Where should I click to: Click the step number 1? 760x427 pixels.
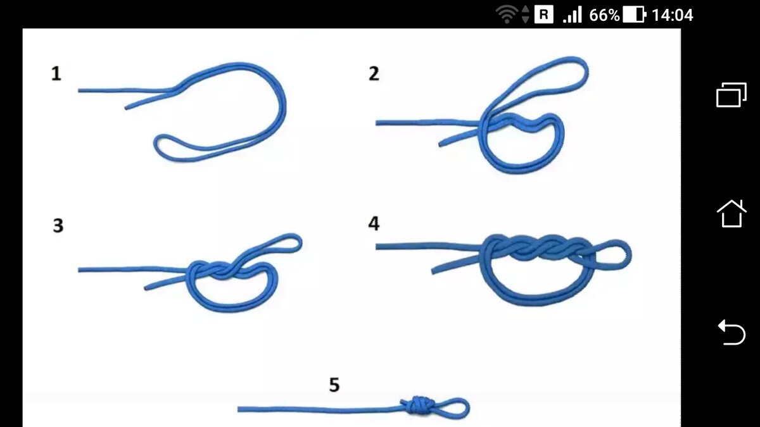point(56,73)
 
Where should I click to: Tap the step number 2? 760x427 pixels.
point(374,73)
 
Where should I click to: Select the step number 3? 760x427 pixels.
point(58,225)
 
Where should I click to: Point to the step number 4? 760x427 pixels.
point(374,223)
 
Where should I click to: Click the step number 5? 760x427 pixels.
point(334,385)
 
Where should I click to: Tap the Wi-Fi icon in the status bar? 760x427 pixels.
point(507,15)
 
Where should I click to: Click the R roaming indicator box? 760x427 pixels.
point(544,15)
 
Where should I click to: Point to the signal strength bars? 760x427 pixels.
point(572,15)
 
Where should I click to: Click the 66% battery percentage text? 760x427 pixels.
point(604,15)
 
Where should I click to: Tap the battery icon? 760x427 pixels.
point(635,15)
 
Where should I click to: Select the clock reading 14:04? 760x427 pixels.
point(672,15)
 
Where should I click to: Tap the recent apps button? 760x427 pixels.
point(731,95)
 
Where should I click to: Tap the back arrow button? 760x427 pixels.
point(731,332)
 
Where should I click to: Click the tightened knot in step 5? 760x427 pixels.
point(419,405)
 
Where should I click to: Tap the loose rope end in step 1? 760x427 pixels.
point(126,108)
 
